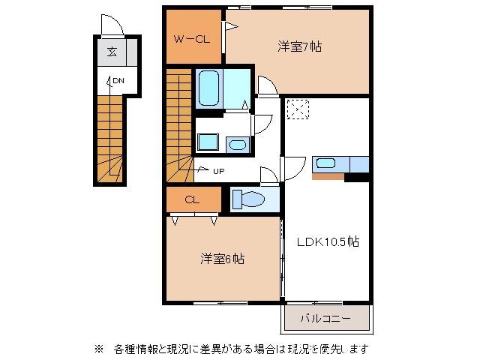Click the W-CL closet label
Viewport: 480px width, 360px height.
[x=192, y=39]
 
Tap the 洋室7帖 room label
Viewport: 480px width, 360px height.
[x=299, y=46]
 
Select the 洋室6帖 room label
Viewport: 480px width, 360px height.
[x=221, y=259]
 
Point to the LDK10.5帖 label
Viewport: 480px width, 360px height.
[x=327, y=242]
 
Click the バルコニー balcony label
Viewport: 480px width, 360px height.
[x=325, y=318]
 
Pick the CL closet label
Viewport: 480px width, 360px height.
[x=192, y=200]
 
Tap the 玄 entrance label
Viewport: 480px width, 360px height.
[x=111, y=52]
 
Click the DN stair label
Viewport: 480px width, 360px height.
[x=118, y=80]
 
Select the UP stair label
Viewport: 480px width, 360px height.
[x=218, y=171]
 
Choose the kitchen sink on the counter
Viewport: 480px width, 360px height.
[x=325, y=163]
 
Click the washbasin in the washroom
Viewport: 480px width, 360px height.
[x=237, y=145]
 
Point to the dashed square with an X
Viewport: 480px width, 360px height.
[x=298, y=110]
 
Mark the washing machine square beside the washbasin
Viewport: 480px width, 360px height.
[x=208, y=142]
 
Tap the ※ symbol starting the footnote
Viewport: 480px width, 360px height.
[x=98, y=349]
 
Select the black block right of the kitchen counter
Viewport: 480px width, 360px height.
[x=358, y=177]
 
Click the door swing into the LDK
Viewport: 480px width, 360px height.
[x=294, y=166]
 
